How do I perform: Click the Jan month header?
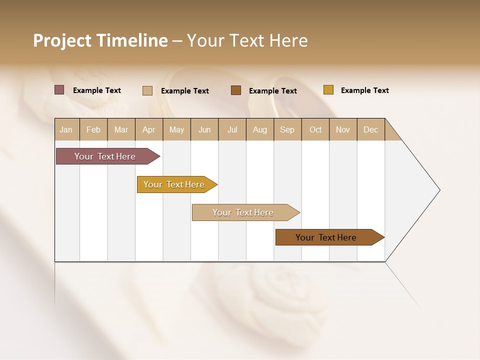(66, 129)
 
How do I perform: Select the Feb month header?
(93, 129)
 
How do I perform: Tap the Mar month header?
(121, 129)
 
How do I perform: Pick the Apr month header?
(149, 129)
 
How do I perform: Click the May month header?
(176, 129)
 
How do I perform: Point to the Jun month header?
(204, 129)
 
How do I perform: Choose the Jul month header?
(232, 129)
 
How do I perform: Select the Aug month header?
(260, 129)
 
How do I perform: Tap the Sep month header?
(287, 129)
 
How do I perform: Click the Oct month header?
(315, 129)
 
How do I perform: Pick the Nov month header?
(343, 129)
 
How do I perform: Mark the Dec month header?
(371, 129)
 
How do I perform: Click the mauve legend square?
(59, 90)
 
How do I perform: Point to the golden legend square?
(328, 90)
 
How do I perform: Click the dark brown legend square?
(236, 90)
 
